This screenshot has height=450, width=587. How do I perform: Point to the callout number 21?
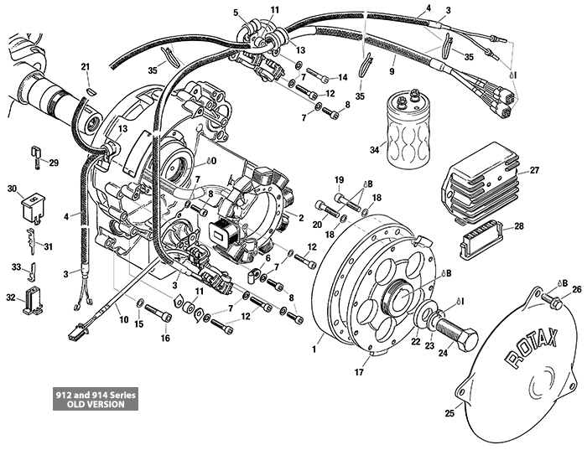85,67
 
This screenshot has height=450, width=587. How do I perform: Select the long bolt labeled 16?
159,316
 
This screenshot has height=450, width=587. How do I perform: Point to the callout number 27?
534,171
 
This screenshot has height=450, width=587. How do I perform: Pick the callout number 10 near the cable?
123,319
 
